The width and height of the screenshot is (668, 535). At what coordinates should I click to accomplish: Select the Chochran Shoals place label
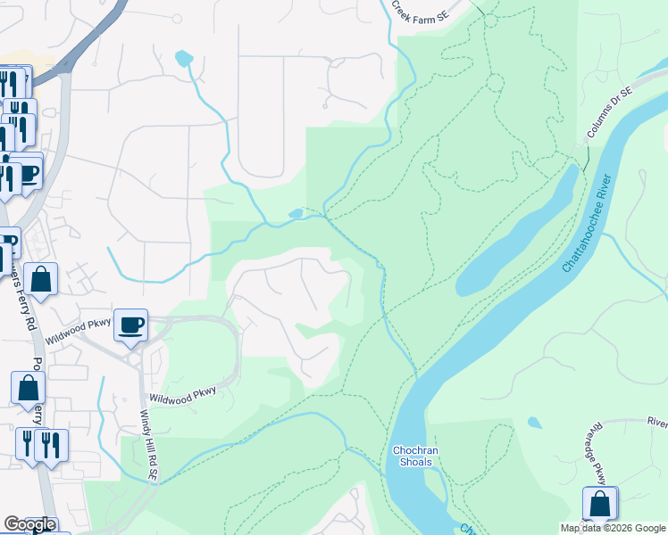[x=413, y=456]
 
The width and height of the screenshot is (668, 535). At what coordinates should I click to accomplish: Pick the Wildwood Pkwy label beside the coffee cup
[x=82, y=327]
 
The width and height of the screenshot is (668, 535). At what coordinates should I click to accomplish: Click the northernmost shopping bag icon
[x=41, y=279]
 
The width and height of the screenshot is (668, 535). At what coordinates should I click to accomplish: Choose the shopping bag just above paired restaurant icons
[x=28, y=388]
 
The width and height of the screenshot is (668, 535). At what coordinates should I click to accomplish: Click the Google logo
[x=29, y=524]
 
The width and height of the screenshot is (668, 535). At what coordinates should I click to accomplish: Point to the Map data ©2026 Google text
[x=612, y=528]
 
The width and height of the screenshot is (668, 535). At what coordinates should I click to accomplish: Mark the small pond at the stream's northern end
[x=184, y=59]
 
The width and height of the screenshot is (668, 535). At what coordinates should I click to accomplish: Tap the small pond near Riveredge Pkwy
[x=534, y=423]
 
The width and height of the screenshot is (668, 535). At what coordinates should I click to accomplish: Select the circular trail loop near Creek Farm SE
[x=494, y=82]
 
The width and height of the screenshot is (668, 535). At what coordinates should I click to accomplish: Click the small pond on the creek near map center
[x=296, y=213]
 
